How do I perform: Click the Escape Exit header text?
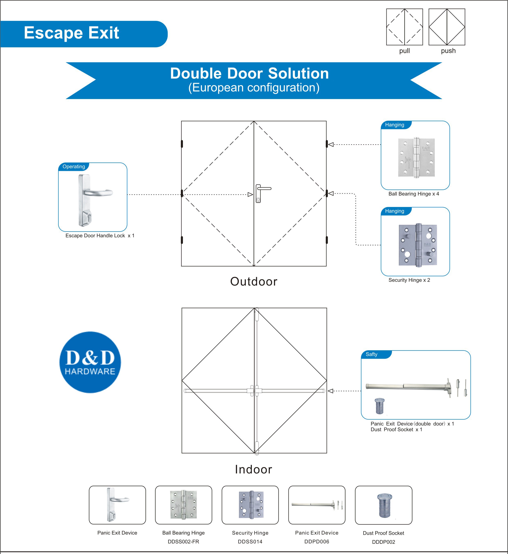[71, 33]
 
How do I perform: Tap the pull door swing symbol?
[404, 27]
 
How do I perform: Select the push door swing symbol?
[447, 27]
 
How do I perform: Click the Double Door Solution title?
[249, 74]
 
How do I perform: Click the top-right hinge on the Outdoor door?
[327, 144]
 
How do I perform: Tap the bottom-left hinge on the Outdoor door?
[182, 240]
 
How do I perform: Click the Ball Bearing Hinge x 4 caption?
[413, 194]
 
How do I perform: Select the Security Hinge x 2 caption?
[409, 280]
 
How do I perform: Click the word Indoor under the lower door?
[253, 469]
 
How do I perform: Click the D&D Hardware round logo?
[90, 362]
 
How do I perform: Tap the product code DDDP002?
[384, 542]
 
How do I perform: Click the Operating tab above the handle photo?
[74, 166]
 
